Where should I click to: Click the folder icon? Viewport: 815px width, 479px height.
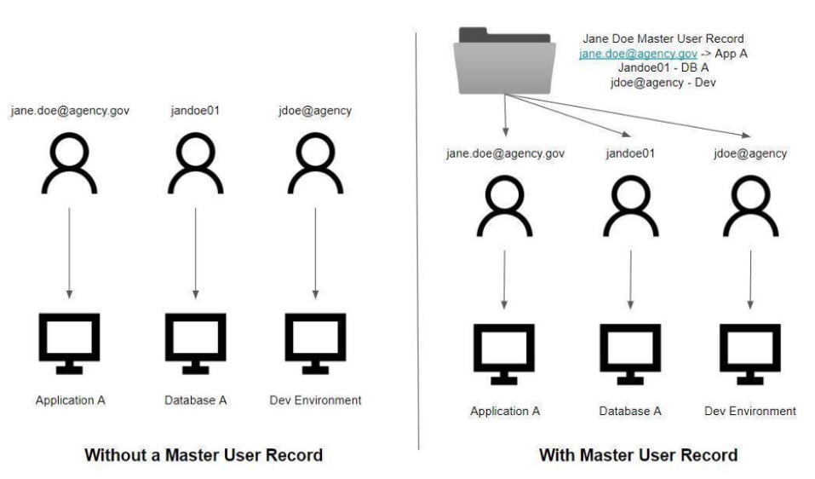(x=502, y=61)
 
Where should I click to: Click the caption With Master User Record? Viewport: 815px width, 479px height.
(x=638, y=456)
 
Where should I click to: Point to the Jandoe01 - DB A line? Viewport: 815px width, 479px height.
(x=663, y=67)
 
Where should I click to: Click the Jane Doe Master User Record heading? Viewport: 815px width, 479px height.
(x=663, y=39)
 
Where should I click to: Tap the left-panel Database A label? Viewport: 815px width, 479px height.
(x=196, y=400)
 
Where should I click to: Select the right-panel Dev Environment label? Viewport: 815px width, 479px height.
(x=750, y=411)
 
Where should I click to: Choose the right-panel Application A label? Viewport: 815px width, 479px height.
(x=505, y=412)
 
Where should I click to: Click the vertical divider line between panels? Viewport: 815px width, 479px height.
(x=418, y=239)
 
